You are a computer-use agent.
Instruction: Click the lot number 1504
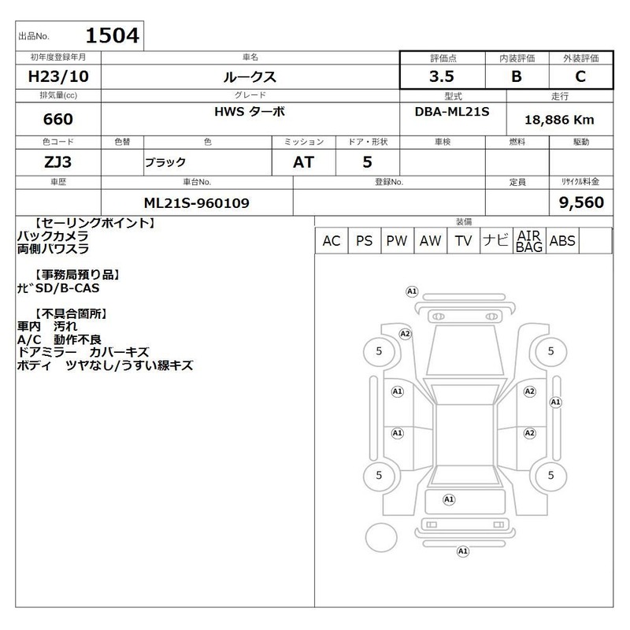pos(113,35)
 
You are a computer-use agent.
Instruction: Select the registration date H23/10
pos(58,76)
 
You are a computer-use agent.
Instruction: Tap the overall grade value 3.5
pos(442,76)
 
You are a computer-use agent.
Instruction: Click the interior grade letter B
pos(517,76)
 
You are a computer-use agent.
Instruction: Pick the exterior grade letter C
pos(580,76)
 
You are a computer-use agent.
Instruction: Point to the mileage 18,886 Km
pos(559,120)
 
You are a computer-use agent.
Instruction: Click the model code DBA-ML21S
pos(452,112)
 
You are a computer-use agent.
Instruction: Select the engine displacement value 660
pos(58,120)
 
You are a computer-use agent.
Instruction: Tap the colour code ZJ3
pos(57,162)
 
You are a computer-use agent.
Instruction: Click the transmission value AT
pos(303,162)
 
